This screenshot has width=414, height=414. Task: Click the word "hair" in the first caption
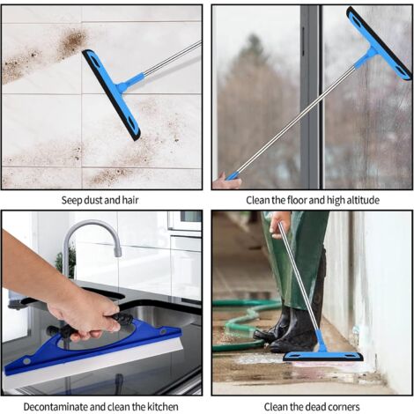coord(130,200)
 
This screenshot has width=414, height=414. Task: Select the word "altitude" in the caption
coord(363,200)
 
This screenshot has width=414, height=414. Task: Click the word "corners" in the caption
coord(342,407)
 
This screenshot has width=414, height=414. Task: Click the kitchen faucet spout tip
coord(118,253)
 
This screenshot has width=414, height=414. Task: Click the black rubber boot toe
coord(262,335)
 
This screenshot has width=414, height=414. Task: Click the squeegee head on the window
coord(379,43)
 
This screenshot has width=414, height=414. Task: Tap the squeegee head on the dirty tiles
coord(111,94)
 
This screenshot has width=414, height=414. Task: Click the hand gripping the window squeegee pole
coord(226,181)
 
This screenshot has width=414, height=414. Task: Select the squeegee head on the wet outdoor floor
coord(323,356)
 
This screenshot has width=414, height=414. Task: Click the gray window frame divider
coord(311,97)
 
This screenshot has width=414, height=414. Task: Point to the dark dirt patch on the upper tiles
coord(72,41)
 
